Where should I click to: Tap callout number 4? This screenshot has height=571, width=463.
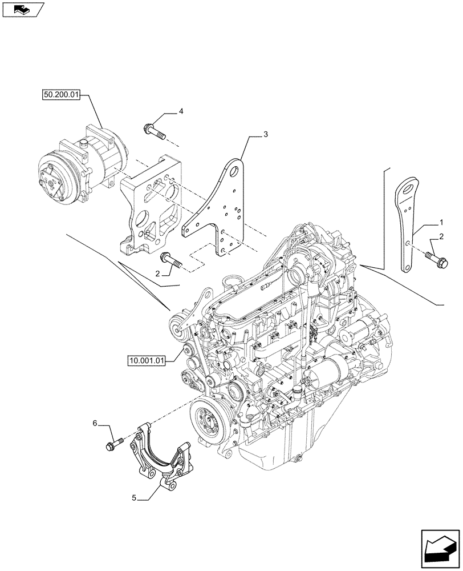181,112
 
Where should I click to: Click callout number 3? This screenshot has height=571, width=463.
265,134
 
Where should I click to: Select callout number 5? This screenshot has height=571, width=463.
134,498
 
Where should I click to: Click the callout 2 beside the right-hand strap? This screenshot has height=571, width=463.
441,236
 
